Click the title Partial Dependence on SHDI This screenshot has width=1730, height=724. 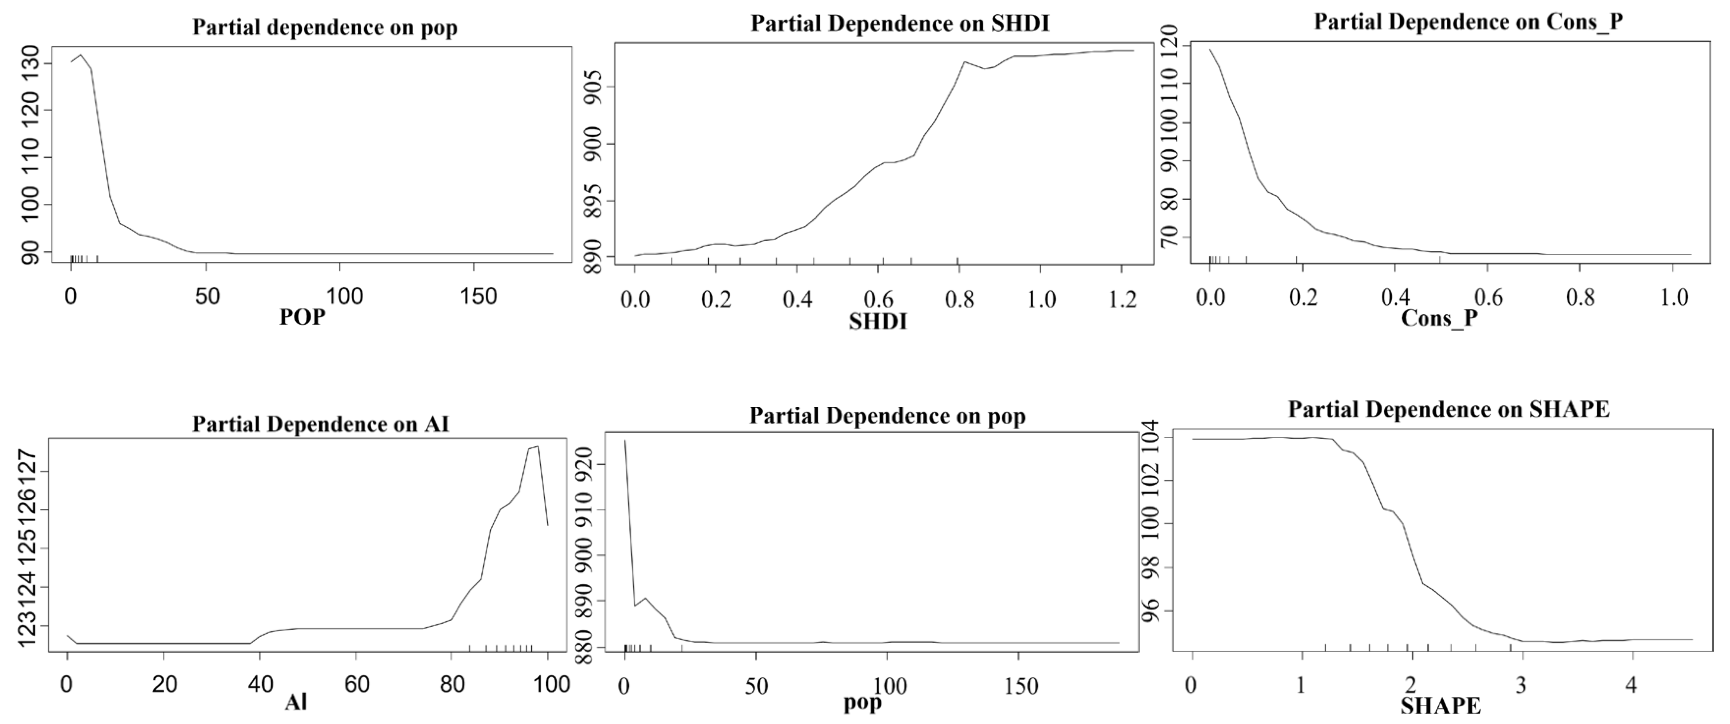coord(899,24)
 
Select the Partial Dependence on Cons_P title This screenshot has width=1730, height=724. coord(1468,22)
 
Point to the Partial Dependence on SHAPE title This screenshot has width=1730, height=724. coord(1449,409)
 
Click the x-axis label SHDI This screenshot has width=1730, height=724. coord(878,322)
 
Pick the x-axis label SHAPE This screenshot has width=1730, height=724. coord(1440,706)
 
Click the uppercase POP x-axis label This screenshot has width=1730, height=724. coord(302,317)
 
